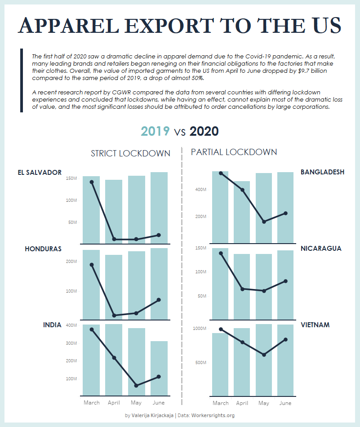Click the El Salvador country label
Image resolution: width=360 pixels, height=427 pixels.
click(40, 172)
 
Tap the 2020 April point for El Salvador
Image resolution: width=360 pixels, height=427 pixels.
click(114, 239)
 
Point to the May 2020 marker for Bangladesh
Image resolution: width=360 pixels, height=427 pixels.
click(264, 222)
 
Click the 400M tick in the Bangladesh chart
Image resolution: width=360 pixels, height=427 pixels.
click(200, 190)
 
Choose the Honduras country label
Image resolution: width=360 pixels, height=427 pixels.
click(43, 249)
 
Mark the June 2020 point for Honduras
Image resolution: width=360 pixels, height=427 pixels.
click(159, 300)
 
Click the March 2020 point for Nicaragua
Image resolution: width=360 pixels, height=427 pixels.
click(221, 253)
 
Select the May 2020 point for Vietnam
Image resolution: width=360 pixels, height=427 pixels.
click(264, 355)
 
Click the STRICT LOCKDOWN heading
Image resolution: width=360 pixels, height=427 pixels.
click(130, 153)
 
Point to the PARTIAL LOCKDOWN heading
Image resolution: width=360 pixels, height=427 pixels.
click(234, 152)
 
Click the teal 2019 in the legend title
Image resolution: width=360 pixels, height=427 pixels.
click(155, 131)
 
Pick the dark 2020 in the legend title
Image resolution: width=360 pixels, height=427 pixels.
click(204, 131)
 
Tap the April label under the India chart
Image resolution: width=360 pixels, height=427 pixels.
click(114, 403)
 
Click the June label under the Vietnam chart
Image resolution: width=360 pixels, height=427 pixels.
click(285, 403)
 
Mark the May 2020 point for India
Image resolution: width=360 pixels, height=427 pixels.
click(136, 386)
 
